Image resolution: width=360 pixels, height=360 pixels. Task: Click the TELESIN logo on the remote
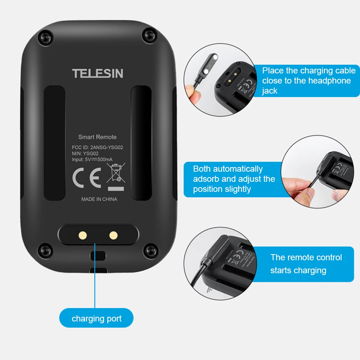[98, 73]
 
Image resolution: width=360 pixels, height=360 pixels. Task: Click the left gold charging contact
[82, 235]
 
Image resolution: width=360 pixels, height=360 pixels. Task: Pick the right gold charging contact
[114, 235]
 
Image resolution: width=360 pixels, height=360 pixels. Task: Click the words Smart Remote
[97, 137]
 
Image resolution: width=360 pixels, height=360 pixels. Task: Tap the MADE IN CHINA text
[99, 199]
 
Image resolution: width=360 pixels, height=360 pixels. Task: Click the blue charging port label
[96, 318]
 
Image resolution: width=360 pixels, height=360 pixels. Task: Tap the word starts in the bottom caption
[282, 270]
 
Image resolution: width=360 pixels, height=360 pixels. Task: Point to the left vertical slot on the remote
[54, 143]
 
